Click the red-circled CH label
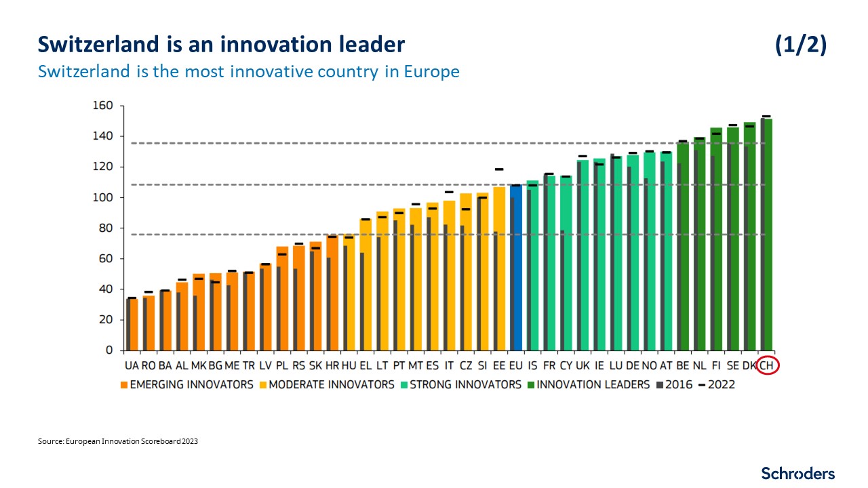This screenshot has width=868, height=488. pyautogui.click(x=768, y=366)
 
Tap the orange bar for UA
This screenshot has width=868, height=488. pyautogui.click(x=134, y=325)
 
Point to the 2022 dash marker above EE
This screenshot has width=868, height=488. pyautogui.click(x=499, y=169)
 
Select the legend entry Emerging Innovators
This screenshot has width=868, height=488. pyautogui.click(x=186, y=384)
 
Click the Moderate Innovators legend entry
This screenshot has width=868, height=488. pyautogui.click(x=327, y=384)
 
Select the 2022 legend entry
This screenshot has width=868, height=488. pyautogui.click(x=722, y=384)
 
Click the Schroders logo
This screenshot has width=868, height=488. pyautogui.click(x=797, y=473)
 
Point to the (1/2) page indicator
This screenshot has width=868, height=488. pyautogui.click(x=800, y=45)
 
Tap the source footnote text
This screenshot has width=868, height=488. pyautogui.click(x=118, y=441)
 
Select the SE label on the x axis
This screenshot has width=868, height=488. pyautogui.click(x=733, y=366)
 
